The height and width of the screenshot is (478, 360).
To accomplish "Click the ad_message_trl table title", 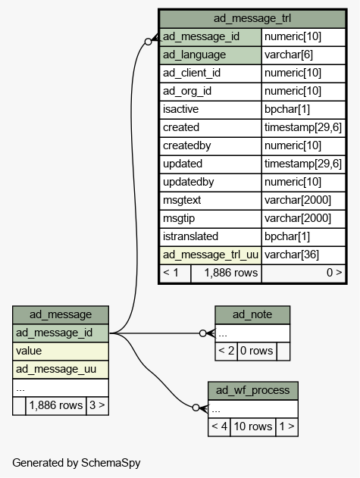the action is coord(252,18).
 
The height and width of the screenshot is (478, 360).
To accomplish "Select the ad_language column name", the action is coord(194,55).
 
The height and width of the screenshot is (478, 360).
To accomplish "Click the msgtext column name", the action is coord(182,200).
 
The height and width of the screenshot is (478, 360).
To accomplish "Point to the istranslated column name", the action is coord(190,236).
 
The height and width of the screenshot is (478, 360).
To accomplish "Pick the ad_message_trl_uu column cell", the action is coord(211,255).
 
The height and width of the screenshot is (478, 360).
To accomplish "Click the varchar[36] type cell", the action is coord(303,255).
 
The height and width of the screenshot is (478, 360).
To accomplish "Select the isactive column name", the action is coord(180,109).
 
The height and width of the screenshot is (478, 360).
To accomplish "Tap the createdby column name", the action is coord(186,145).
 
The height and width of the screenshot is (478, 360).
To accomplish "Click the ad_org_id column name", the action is coord(187,91).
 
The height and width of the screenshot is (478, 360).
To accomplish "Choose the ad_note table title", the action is coord(252,314).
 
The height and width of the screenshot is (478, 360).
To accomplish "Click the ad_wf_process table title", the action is coord(253,390).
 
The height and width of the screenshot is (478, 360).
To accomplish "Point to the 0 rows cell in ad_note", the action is coord(257,351).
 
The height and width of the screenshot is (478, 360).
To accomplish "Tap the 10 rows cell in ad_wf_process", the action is coord(253,426).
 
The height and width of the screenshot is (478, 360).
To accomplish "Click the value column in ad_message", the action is coord(61,351).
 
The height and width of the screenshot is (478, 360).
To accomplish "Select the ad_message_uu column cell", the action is coord(61,369).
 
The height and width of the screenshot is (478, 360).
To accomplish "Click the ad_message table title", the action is coord(61,314).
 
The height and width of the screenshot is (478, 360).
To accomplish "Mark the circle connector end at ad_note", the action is coord(202,333).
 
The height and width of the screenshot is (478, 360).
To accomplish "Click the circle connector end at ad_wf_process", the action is coord(196,408).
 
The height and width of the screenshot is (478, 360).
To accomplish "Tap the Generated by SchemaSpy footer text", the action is coord(77,463).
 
